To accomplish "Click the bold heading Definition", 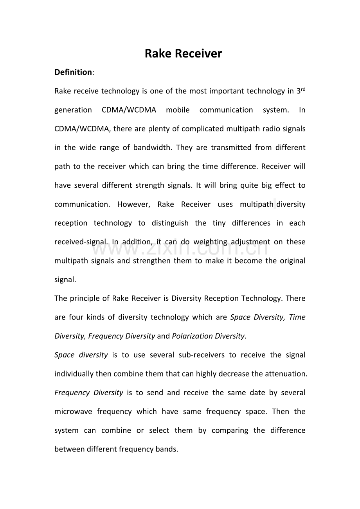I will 73,72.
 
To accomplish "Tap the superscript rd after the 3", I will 303,90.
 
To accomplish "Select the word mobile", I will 178,110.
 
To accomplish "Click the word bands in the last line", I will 167,450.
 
